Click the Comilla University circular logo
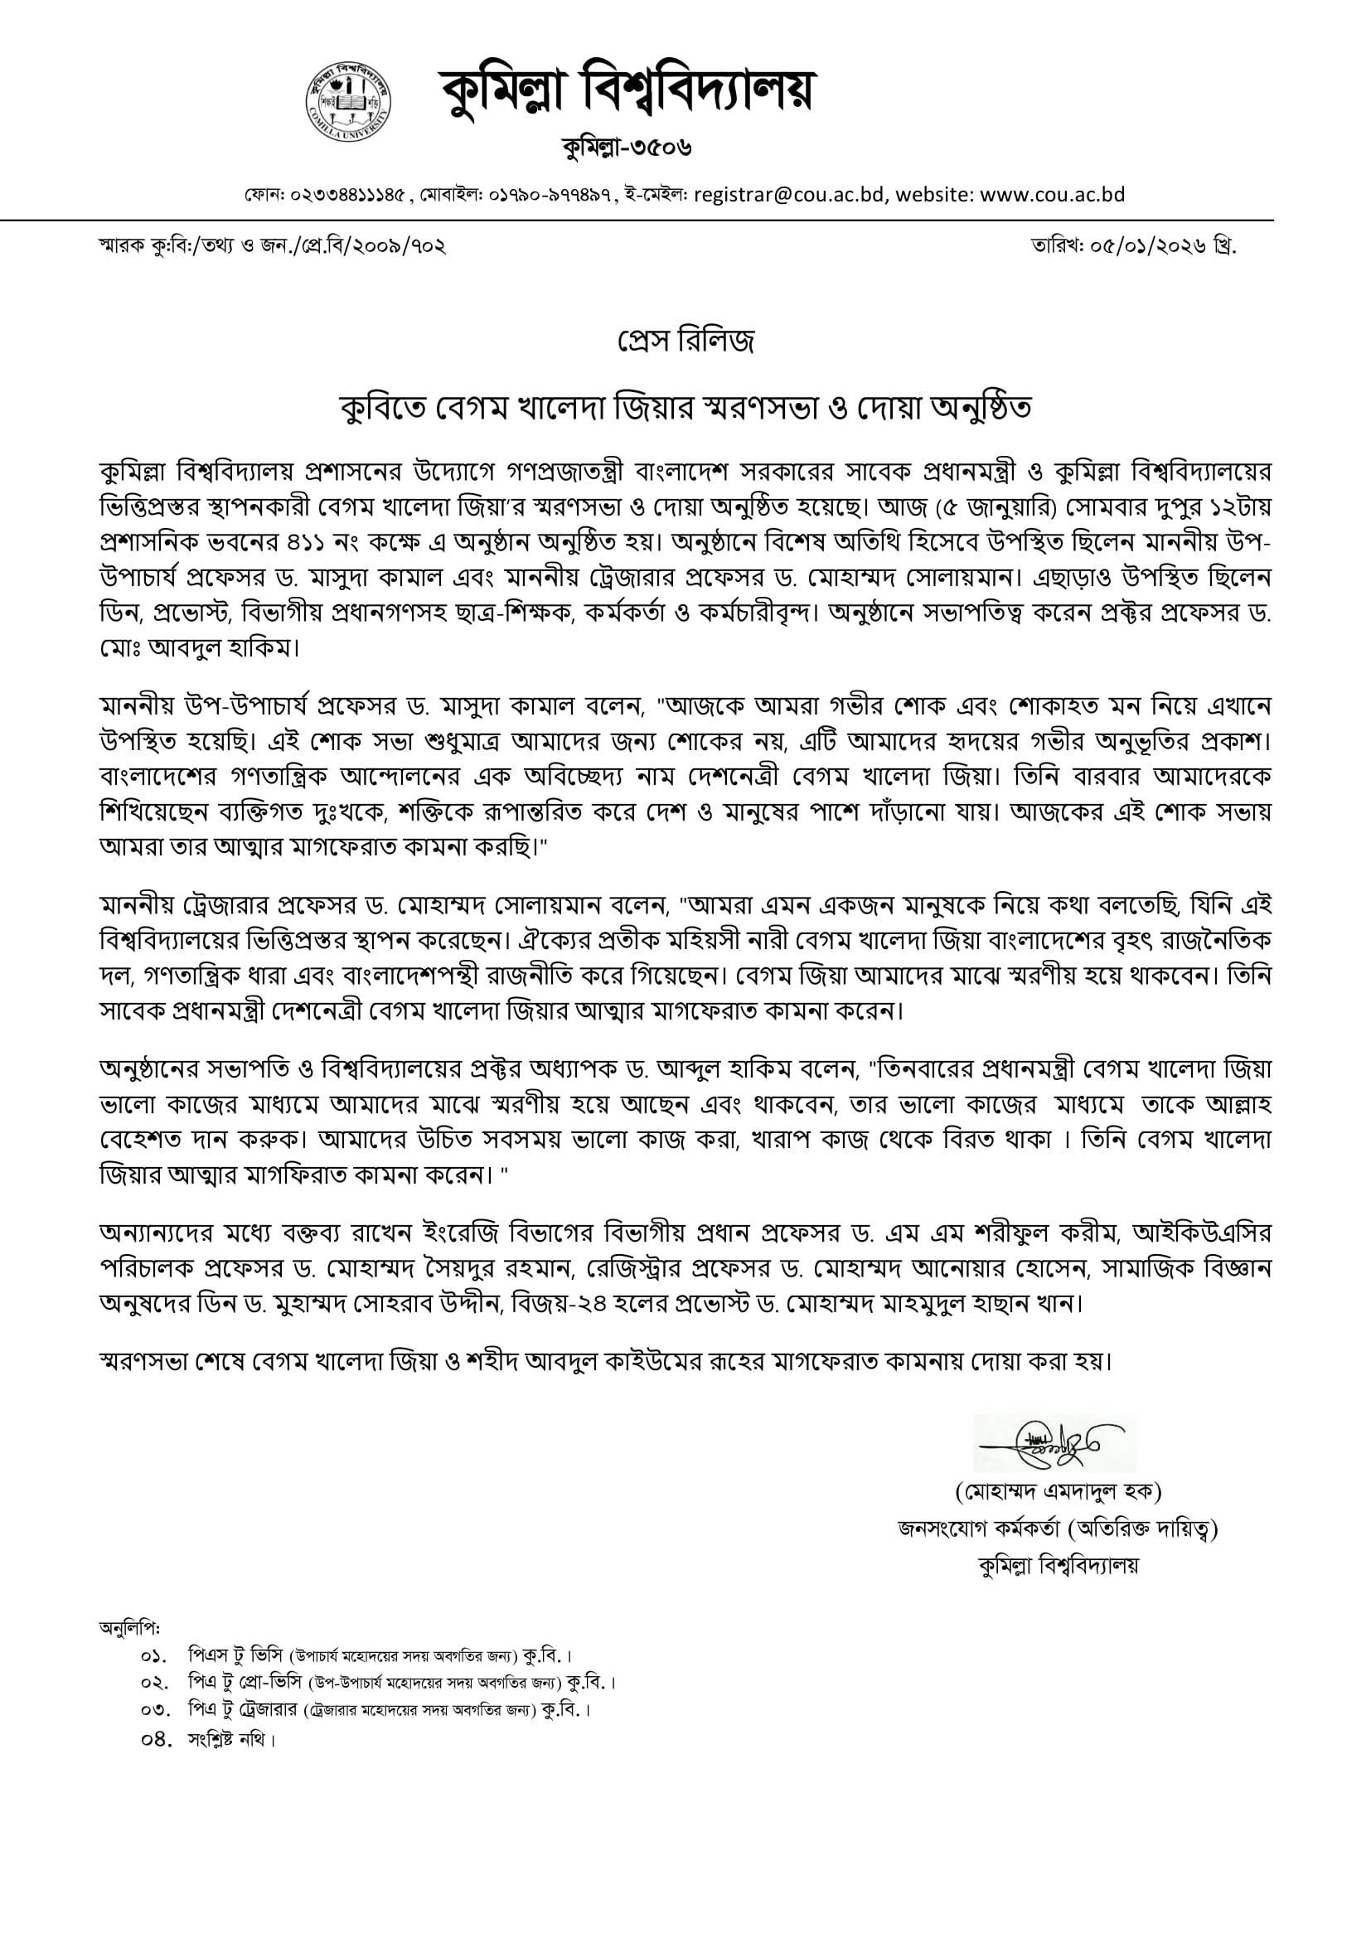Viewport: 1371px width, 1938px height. coord(349,101)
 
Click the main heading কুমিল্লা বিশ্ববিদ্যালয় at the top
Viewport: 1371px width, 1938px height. coord(626,90)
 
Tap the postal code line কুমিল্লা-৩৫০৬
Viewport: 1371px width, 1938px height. coord(627,148)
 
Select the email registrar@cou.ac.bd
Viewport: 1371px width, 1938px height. coord(789,195)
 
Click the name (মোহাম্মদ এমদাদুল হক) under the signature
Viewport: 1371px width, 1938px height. coord(1058,1492)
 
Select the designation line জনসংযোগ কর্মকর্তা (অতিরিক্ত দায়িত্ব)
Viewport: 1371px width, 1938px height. coord(1058,1529)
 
